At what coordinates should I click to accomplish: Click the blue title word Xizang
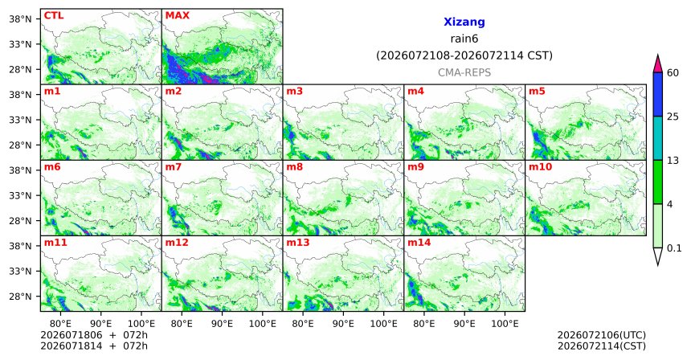464,22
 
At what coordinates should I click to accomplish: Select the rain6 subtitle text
464,39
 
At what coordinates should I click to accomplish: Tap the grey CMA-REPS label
464,72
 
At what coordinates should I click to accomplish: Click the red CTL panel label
54,15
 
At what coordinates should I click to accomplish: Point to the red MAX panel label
177,15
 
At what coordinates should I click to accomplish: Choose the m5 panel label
537,92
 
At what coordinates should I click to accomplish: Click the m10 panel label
540,167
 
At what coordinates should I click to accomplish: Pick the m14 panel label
419,243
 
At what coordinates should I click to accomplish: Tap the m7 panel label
174,167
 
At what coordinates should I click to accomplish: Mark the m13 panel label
298,243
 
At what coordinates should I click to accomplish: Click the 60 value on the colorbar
673,72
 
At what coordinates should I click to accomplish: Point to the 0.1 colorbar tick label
674,248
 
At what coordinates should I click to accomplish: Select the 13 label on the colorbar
673,161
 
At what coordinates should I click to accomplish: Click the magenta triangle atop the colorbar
658,64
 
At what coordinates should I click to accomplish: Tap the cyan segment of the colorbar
658,138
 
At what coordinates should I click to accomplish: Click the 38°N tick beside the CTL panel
20,19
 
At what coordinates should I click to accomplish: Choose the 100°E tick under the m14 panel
505,324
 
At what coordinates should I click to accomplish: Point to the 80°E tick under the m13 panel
303,324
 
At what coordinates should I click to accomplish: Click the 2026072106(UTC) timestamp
602,335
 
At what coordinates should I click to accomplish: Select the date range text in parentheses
464,56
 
